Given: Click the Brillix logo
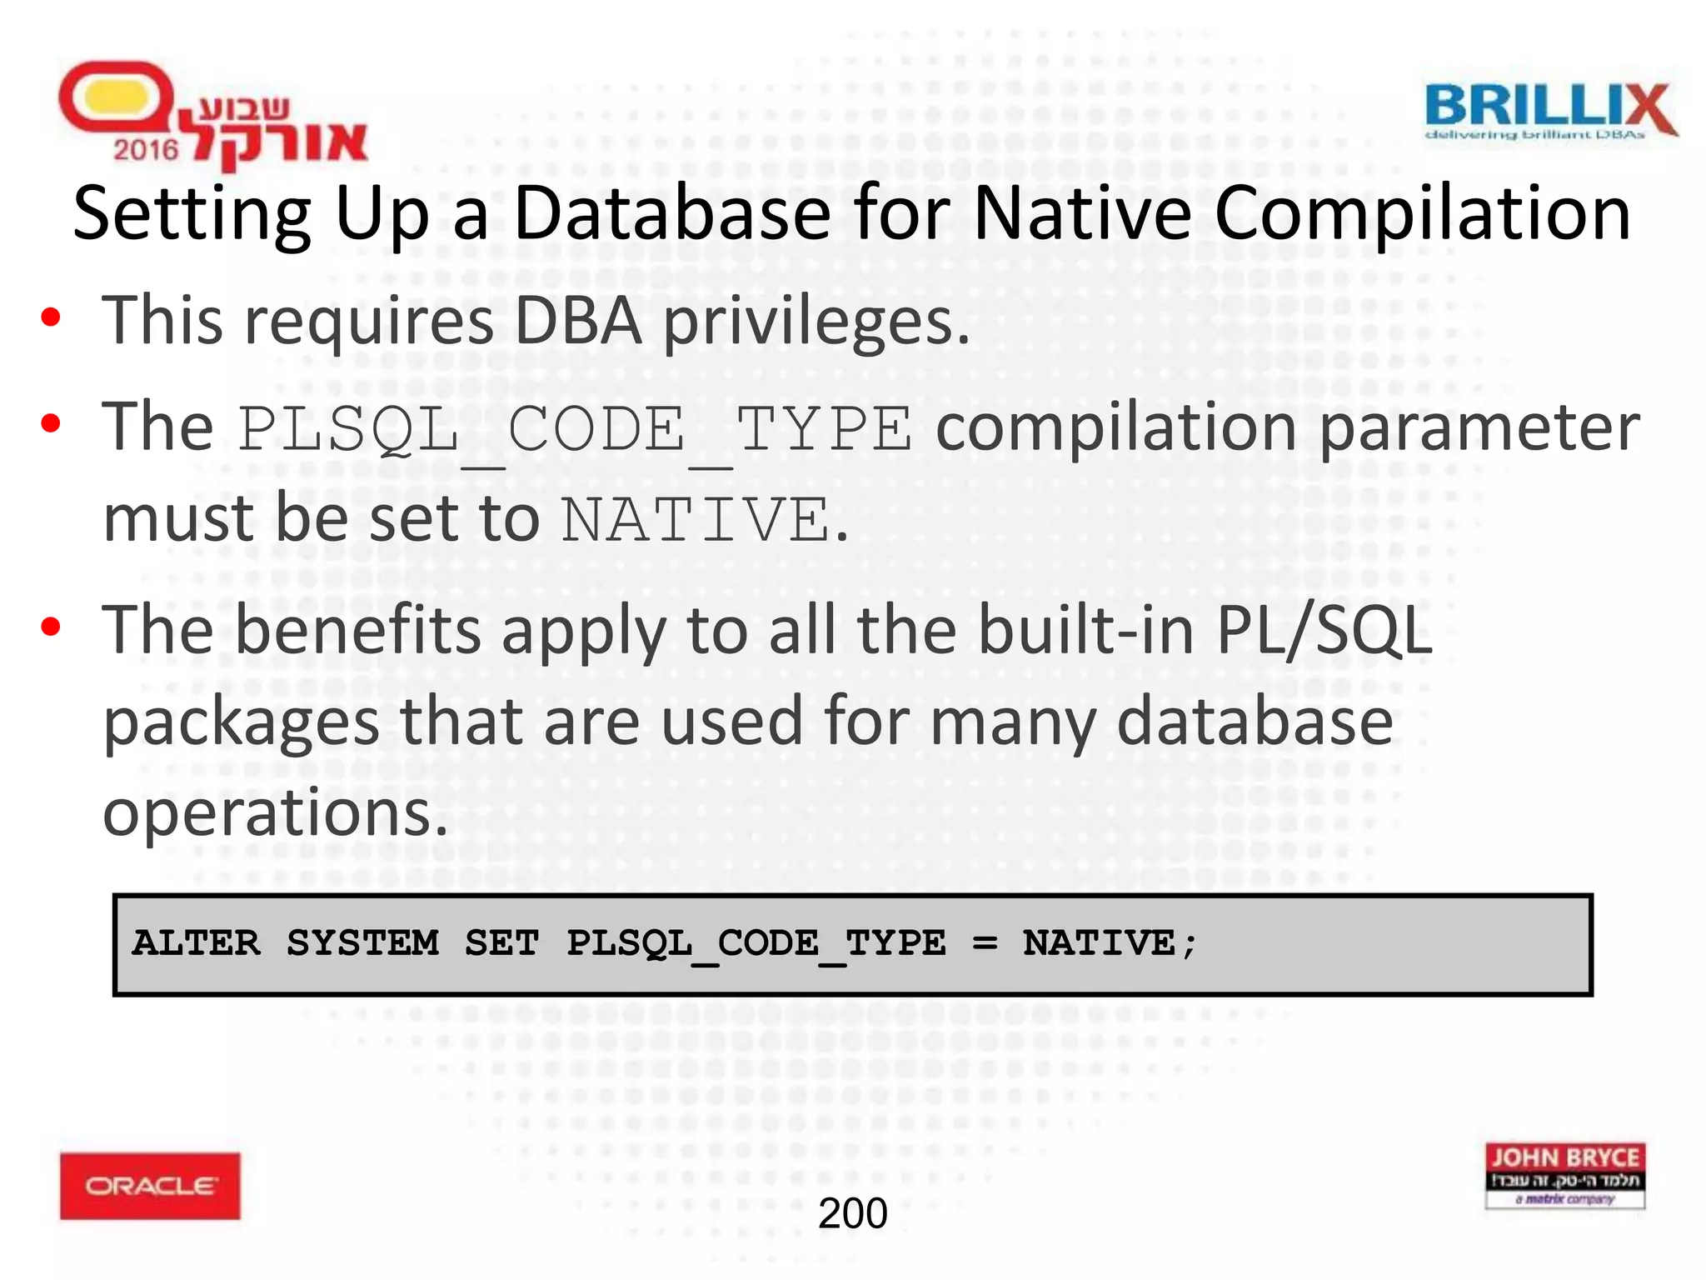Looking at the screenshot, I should (x=1549, y=111).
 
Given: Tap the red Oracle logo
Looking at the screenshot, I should (x=150, y=1185).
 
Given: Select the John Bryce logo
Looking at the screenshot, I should (x=1564, y=1175).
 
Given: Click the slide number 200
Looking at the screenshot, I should (x=852, y=1213).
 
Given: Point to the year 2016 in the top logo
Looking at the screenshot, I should (x=146, y=150).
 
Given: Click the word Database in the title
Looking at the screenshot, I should (x=671, y=213).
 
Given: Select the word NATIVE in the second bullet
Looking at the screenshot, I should (x=696, y=520).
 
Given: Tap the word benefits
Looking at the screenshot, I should (x=358, y=630).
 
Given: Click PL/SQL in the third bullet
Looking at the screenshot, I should (x=1324, y=630).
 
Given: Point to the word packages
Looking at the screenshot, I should (x=242, y=722).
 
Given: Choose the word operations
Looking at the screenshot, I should (x=275, y=812).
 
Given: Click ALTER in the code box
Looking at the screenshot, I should (x=196, y=944).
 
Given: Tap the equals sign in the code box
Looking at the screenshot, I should (x=985, y=944).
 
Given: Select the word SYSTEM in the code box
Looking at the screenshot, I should (x=363, y=944).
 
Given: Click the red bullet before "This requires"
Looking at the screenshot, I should (x=51, y=317).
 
